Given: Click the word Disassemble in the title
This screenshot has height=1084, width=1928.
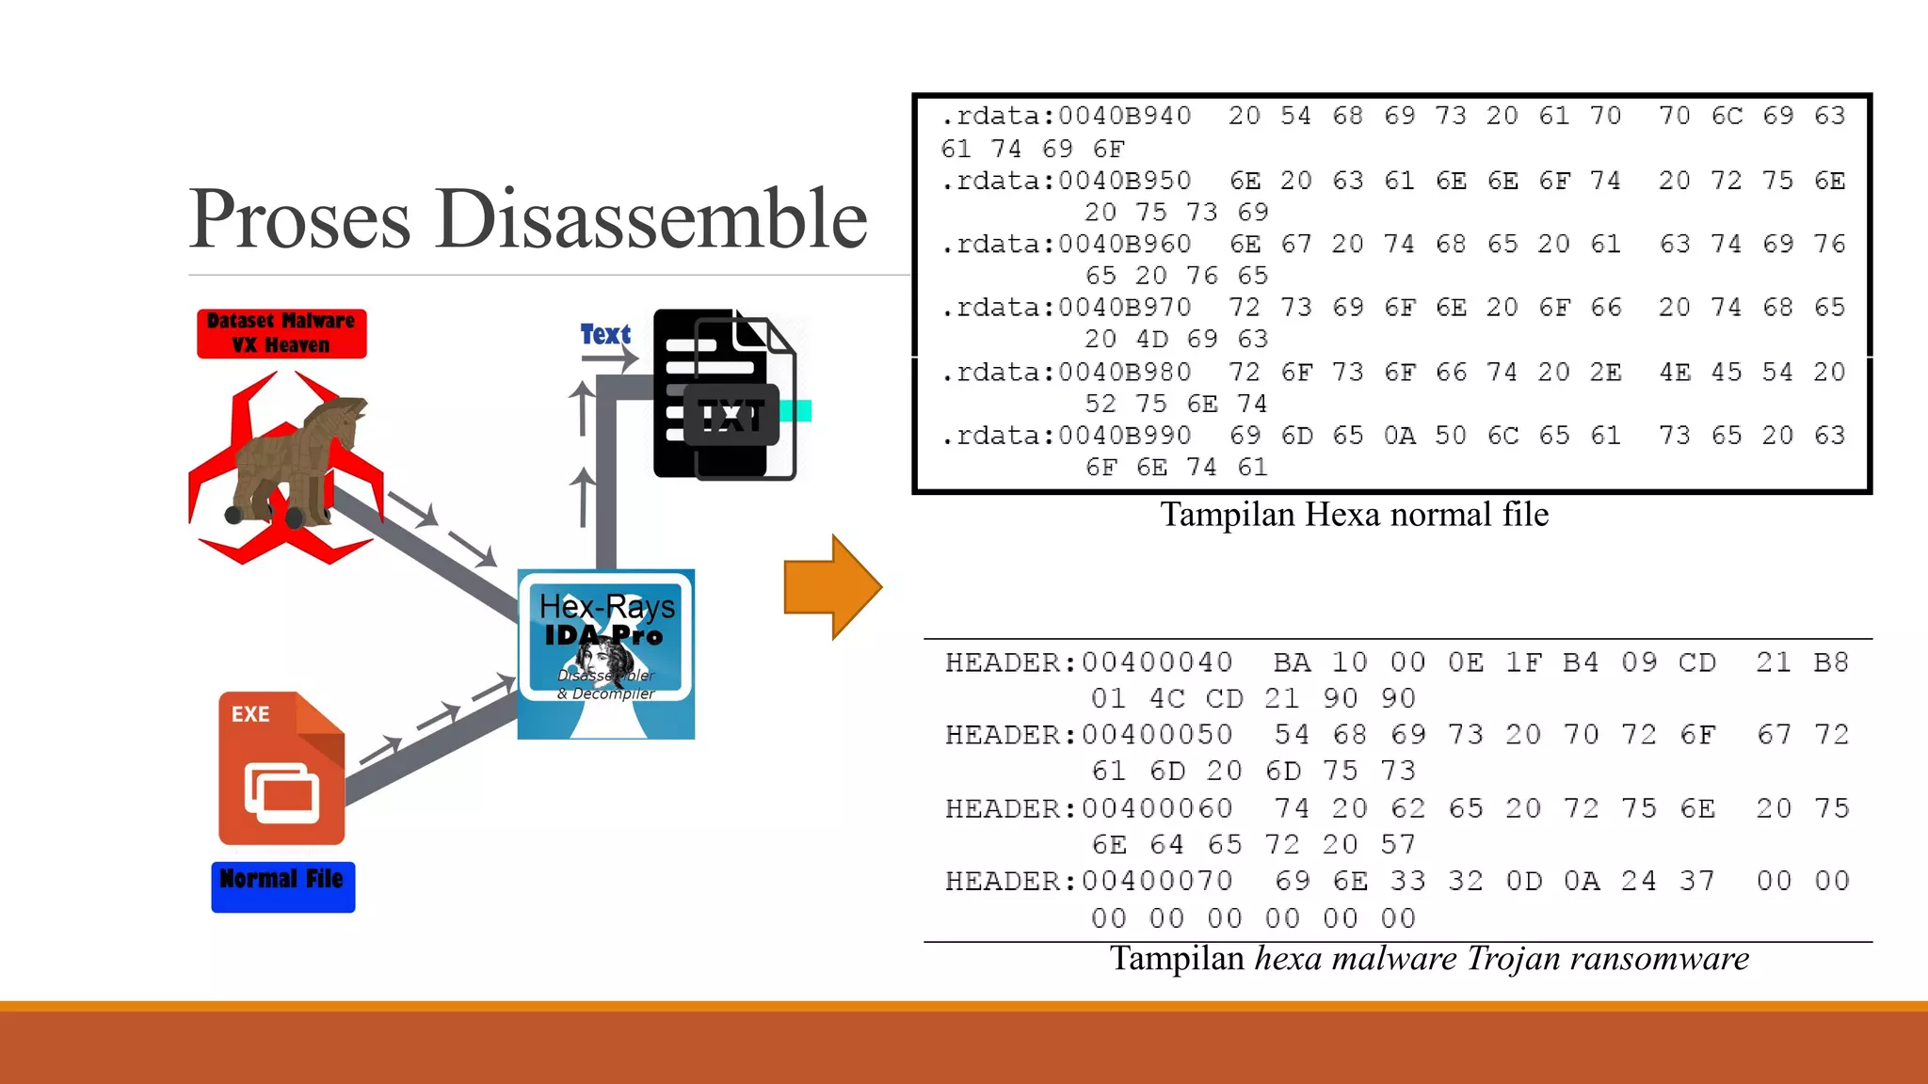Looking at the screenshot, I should pyautogui.click(x=651, y=219).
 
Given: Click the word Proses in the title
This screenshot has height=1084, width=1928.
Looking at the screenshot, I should pyautogui.click(x=300, y=219).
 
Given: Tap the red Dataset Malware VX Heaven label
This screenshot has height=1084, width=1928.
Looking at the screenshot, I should pyautogui.click(x=281, y=333).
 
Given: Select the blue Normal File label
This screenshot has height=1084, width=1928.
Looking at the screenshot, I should pyautogui.click(x=282, y=885).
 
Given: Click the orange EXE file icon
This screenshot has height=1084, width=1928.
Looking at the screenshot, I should pyautogui.click(x=281, y=768).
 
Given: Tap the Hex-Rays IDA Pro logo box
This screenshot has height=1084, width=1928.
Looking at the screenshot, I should pyautogui.click(x=606, y=654).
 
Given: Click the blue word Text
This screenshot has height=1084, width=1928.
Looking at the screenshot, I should pyautogui.click(x=605, y=334).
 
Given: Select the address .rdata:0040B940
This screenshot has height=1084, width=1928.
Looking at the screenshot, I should pyautogui.click(x=1066, y=116).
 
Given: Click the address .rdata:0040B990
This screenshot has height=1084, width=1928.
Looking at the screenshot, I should pyautogui.click(x=1066, y=436).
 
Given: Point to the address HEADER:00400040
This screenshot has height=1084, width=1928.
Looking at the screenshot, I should pyautogui.click(x=1088, y=662).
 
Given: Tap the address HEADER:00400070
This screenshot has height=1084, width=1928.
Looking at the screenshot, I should pyautogui.click(x=1088, y=881).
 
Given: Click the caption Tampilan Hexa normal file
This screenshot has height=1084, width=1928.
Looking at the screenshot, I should pyautogui.click(x=1354, y=515).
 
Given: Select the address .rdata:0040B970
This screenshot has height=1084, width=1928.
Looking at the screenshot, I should pyautogui.click(x=1066, y=308).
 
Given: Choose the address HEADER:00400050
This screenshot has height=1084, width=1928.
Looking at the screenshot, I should pyautogui.click(x=1088, y=734).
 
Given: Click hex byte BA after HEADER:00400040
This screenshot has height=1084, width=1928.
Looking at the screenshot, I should pyautogui.click(x=1292, y=662).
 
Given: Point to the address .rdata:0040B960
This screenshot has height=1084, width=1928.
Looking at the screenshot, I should pyautogui.click(x=1066, y=245).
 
